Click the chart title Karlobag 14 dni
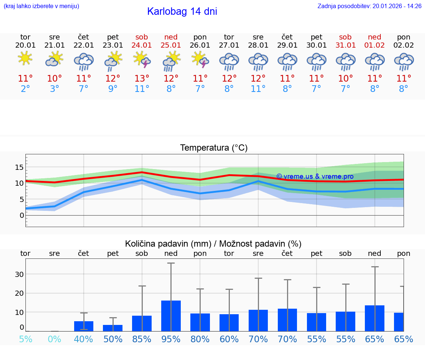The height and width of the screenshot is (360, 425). point(182,11)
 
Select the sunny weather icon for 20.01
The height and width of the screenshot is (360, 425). point(25,59)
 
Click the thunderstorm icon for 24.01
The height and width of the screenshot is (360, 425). point(142,60)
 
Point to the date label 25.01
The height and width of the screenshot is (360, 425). point(171,45)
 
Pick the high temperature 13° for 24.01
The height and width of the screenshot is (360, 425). point(142,79)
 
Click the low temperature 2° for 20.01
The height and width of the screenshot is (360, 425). point(25,89)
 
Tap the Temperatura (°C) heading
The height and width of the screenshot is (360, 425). point(214,148)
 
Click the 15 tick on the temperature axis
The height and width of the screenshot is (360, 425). point(19,167)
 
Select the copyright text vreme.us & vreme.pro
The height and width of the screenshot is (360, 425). point(315,176)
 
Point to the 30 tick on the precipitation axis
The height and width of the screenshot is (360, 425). point(19,274)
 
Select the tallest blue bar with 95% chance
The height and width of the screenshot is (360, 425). point(171,316)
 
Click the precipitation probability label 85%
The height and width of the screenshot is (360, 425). point(142,339)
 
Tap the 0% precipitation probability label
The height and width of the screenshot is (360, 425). point(54,339)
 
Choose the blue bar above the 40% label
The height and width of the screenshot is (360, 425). point(83,326)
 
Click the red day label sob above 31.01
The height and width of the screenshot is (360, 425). point(345,37)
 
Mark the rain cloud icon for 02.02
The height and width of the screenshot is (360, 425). point(404,61)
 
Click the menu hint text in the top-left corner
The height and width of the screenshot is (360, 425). point(41,6)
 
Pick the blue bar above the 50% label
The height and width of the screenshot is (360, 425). point(113,328)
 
